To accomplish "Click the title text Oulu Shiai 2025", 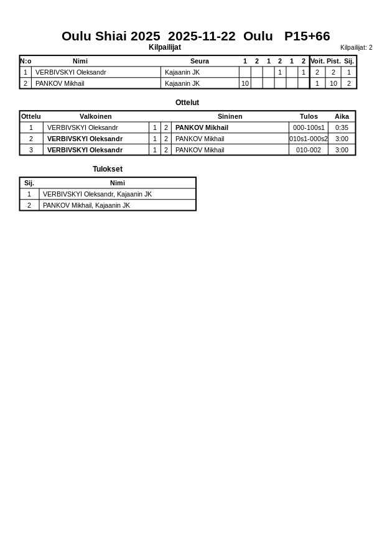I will tap(111, 36).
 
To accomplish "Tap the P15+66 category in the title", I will tap(307, 36).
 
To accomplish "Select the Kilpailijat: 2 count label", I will tap(356, 48).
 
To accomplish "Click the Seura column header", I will tap(200, 61).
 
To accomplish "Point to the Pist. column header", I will tap(334, 61).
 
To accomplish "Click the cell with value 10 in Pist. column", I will tap(334, 83).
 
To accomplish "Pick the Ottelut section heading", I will tap(187, 103).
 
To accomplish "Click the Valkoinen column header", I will tap(96, 116).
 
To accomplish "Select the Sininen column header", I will tap(230, 116).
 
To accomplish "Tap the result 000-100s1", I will tap(309, 127).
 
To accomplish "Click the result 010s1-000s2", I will tap(309, 139).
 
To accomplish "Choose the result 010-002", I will tap(309, 150).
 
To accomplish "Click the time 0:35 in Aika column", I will tap(342, 127).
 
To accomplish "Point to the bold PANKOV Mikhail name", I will tap(202, 127).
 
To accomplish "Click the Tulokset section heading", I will tap(108, 169).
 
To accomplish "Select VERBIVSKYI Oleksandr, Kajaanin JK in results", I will tap(97, 194).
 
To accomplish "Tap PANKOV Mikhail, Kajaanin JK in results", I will tap(86, 205).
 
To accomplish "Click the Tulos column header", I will tap(309, 116).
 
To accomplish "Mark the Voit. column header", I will tap(317, 61).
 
